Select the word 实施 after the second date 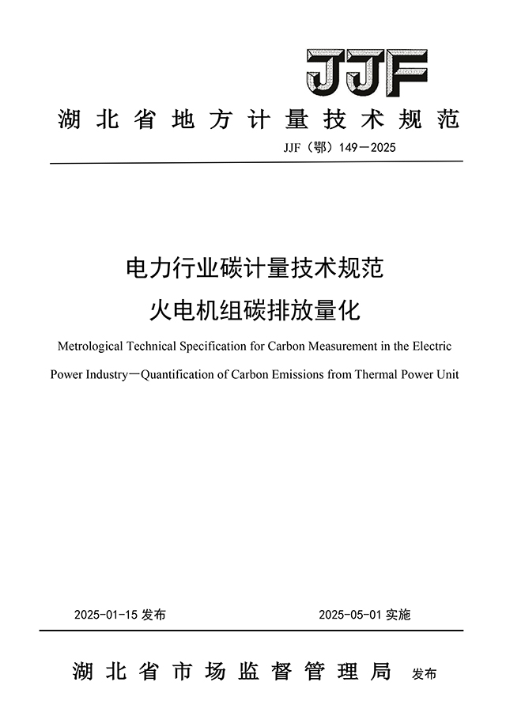398,615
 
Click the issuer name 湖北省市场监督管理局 232,672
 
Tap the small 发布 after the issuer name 425,675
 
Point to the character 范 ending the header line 447,120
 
